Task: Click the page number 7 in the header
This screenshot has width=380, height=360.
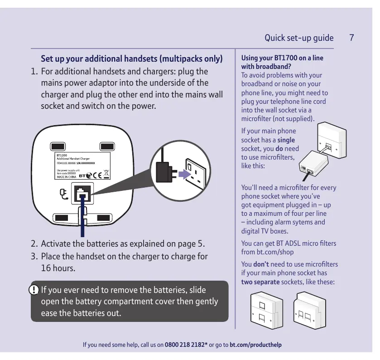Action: [351, 38]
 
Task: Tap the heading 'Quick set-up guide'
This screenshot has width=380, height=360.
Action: [299, 38]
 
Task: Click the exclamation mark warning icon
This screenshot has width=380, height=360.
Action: [34, 289]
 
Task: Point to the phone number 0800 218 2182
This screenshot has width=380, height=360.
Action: [186, 345]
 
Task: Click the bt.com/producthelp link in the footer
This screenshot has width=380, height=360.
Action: [255, 345]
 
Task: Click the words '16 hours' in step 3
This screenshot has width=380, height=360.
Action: [58, 268]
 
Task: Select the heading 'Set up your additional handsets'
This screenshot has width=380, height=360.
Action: [131, 59]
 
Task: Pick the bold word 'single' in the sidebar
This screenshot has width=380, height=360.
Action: [286, 140]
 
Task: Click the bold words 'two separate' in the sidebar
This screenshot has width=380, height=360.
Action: [260, 282]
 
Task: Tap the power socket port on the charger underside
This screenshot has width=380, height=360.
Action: [82, 194]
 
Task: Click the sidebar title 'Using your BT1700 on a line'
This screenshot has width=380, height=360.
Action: [282, 58]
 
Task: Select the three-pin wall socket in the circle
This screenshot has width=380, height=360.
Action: [197, 174]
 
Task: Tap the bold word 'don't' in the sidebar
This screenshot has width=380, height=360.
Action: [261, 264]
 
